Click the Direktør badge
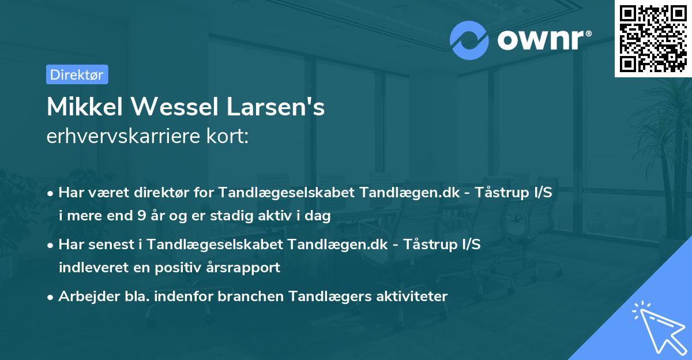(x=77, y=74)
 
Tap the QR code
(x=653, y=38)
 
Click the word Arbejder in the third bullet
(x=84, y=296)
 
